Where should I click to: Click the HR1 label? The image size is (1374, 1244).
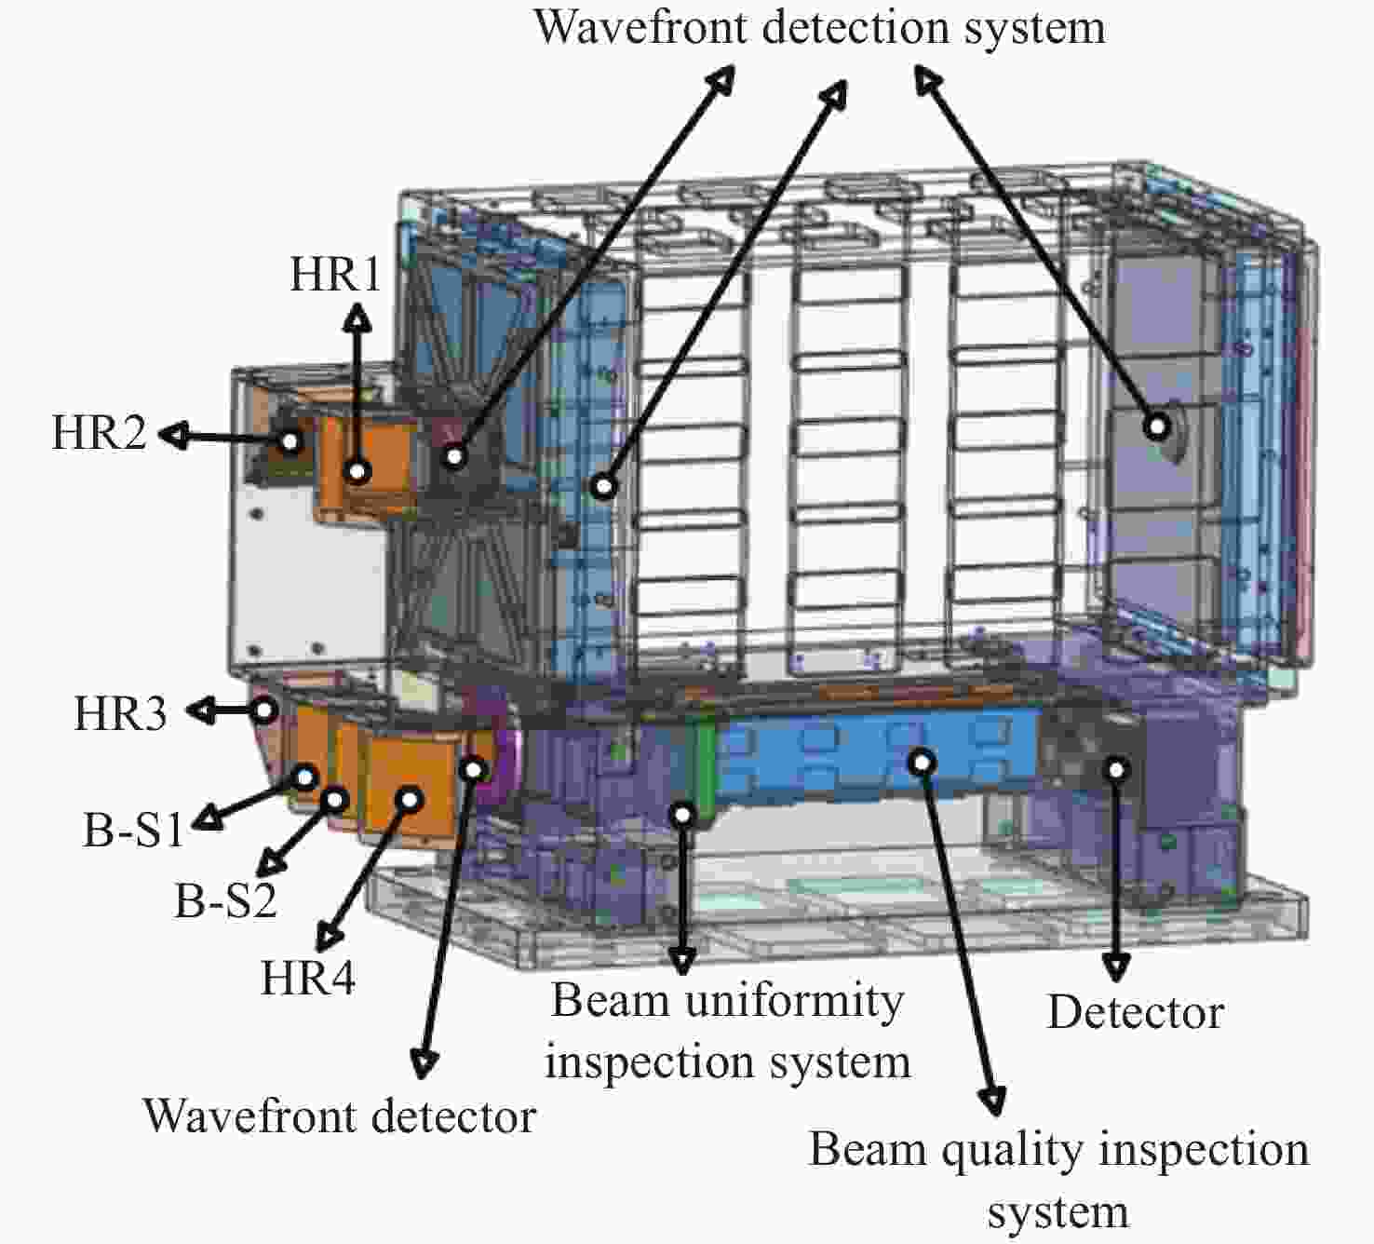[x=335, y=274]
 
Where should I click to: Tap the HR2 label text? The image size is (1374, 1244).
[x=100, y=432]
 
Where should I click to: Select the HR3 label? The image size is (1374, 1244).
[x=120, y=713]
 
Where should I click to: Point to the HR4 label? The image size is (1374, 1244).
[x=308, y=978]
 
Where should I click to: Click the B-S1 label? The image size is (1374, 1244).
[x=133, y=830]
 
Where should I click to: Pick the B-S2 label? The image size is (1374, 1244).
[x=226, y=900]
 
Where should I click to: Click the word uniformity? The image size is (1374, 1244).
[x=794, y=1001]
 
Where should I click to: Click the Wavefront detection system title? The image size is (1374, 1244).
[x=819, y=28]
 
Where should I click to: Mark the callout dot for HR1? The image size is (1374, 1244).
[x=357, y=471]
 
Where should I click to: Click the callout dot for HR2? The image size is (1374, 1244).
[x=290, y=441]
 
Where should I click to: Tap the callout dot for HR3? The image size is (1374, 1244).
[x=263, y=710]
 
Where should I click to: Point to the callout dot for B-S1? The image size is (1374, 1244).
[x=304, y=777]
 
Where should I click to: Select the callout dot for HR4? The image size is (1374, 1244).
[x=410, y=799]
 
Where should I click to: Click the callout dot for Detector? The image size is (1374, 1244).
[x=1116, y=770]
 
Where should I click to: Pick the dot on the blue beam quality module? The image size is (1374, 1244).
[x=923, y=763]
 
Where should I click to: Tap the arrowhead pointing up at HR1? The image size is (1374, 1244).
[x=357, y=319]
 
